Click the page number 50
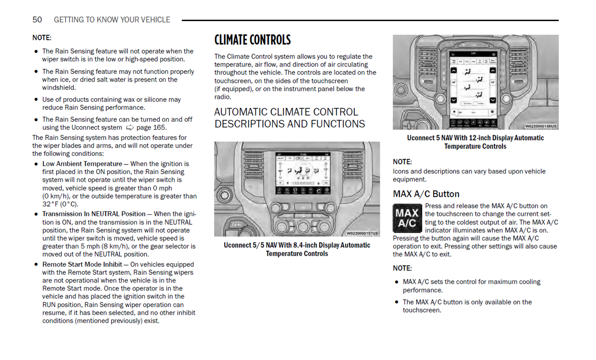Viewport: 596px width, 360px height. (37, 20)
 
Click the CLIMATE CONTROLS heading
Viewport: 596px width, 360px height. (252, 40)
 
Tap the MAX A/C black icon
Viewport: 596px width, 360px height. (407, 218)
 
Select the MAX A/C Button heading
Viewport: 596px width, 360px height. (426, 194)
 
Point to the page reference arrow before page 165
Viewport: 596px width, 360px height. (130, 128)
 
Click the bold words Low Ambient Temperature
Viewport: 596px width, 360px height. (82, 164)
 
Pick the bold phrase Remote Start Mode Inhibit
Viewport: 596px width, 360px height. (82, 265)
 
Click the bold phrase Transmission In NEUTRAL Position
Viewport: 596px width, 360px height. (94, 214)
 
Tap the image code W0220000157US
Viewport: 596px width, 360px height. (362, 233)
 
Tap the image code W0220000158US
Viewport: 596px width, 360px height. (541, 126)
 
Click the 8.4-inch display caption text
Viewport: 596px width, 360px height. (297, 249)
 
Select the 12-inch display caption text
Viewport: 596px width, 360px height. (475, 142)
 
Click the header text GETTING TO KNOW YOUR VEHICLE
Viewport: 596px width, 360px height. (112, 20)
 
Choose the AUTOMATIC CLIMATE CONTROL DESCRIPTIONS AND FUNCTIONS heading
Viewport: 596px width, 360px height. (290, 118)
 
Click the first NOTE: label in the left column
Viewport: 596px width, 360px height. (42, 38)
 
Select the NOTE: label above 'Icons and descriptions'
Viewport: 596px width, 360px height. (402, 162)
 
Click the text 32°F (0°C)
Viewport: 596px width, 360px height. (60, 204)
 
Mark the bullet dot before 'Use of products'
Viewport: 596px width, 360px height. (36, 100)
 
